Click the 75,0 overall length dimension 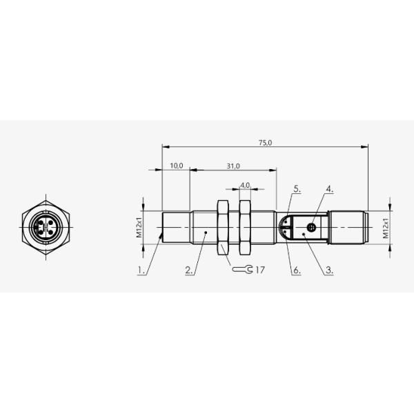point(265,142)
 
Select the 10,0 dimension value point(176,166)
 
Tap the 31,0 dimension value point(233,166)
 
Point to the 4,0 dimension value point(245,186)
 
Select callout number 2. point(188,271)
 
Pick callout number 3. point(329,271)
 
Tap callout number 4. point(329,188)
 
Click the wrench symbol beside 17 point(241,270)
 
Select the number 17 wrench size point(259,270)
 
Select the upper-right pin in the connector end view point(50,222)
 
